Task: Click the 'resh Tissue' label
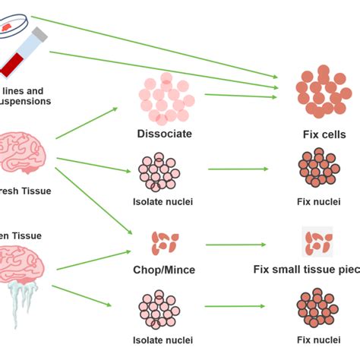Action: (26, 191)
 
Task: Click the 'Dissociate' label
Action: (164, 134)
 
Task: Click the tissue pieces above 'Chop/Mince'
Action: (164, 242)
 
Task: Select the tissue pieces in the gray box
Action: (317, 242)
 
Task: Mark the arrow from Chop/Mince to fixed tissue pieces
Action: (235, 245)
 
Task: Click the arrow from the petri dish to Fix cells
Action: (152, 46)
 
